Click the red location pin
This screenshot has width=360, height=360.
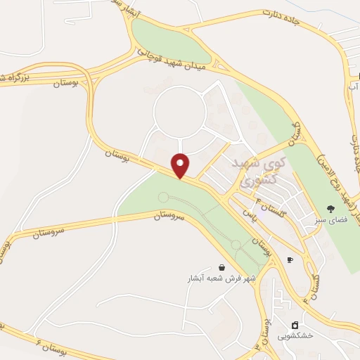[181, 165]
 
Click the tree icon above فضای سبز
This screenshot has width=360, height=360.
[330, 209]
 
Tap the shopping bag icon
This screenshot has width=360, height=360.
[222, 267]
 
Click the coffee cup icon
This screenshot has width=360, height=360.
[290, 259]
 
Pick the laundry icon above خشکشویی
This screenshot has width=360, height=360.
[295, 326]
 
